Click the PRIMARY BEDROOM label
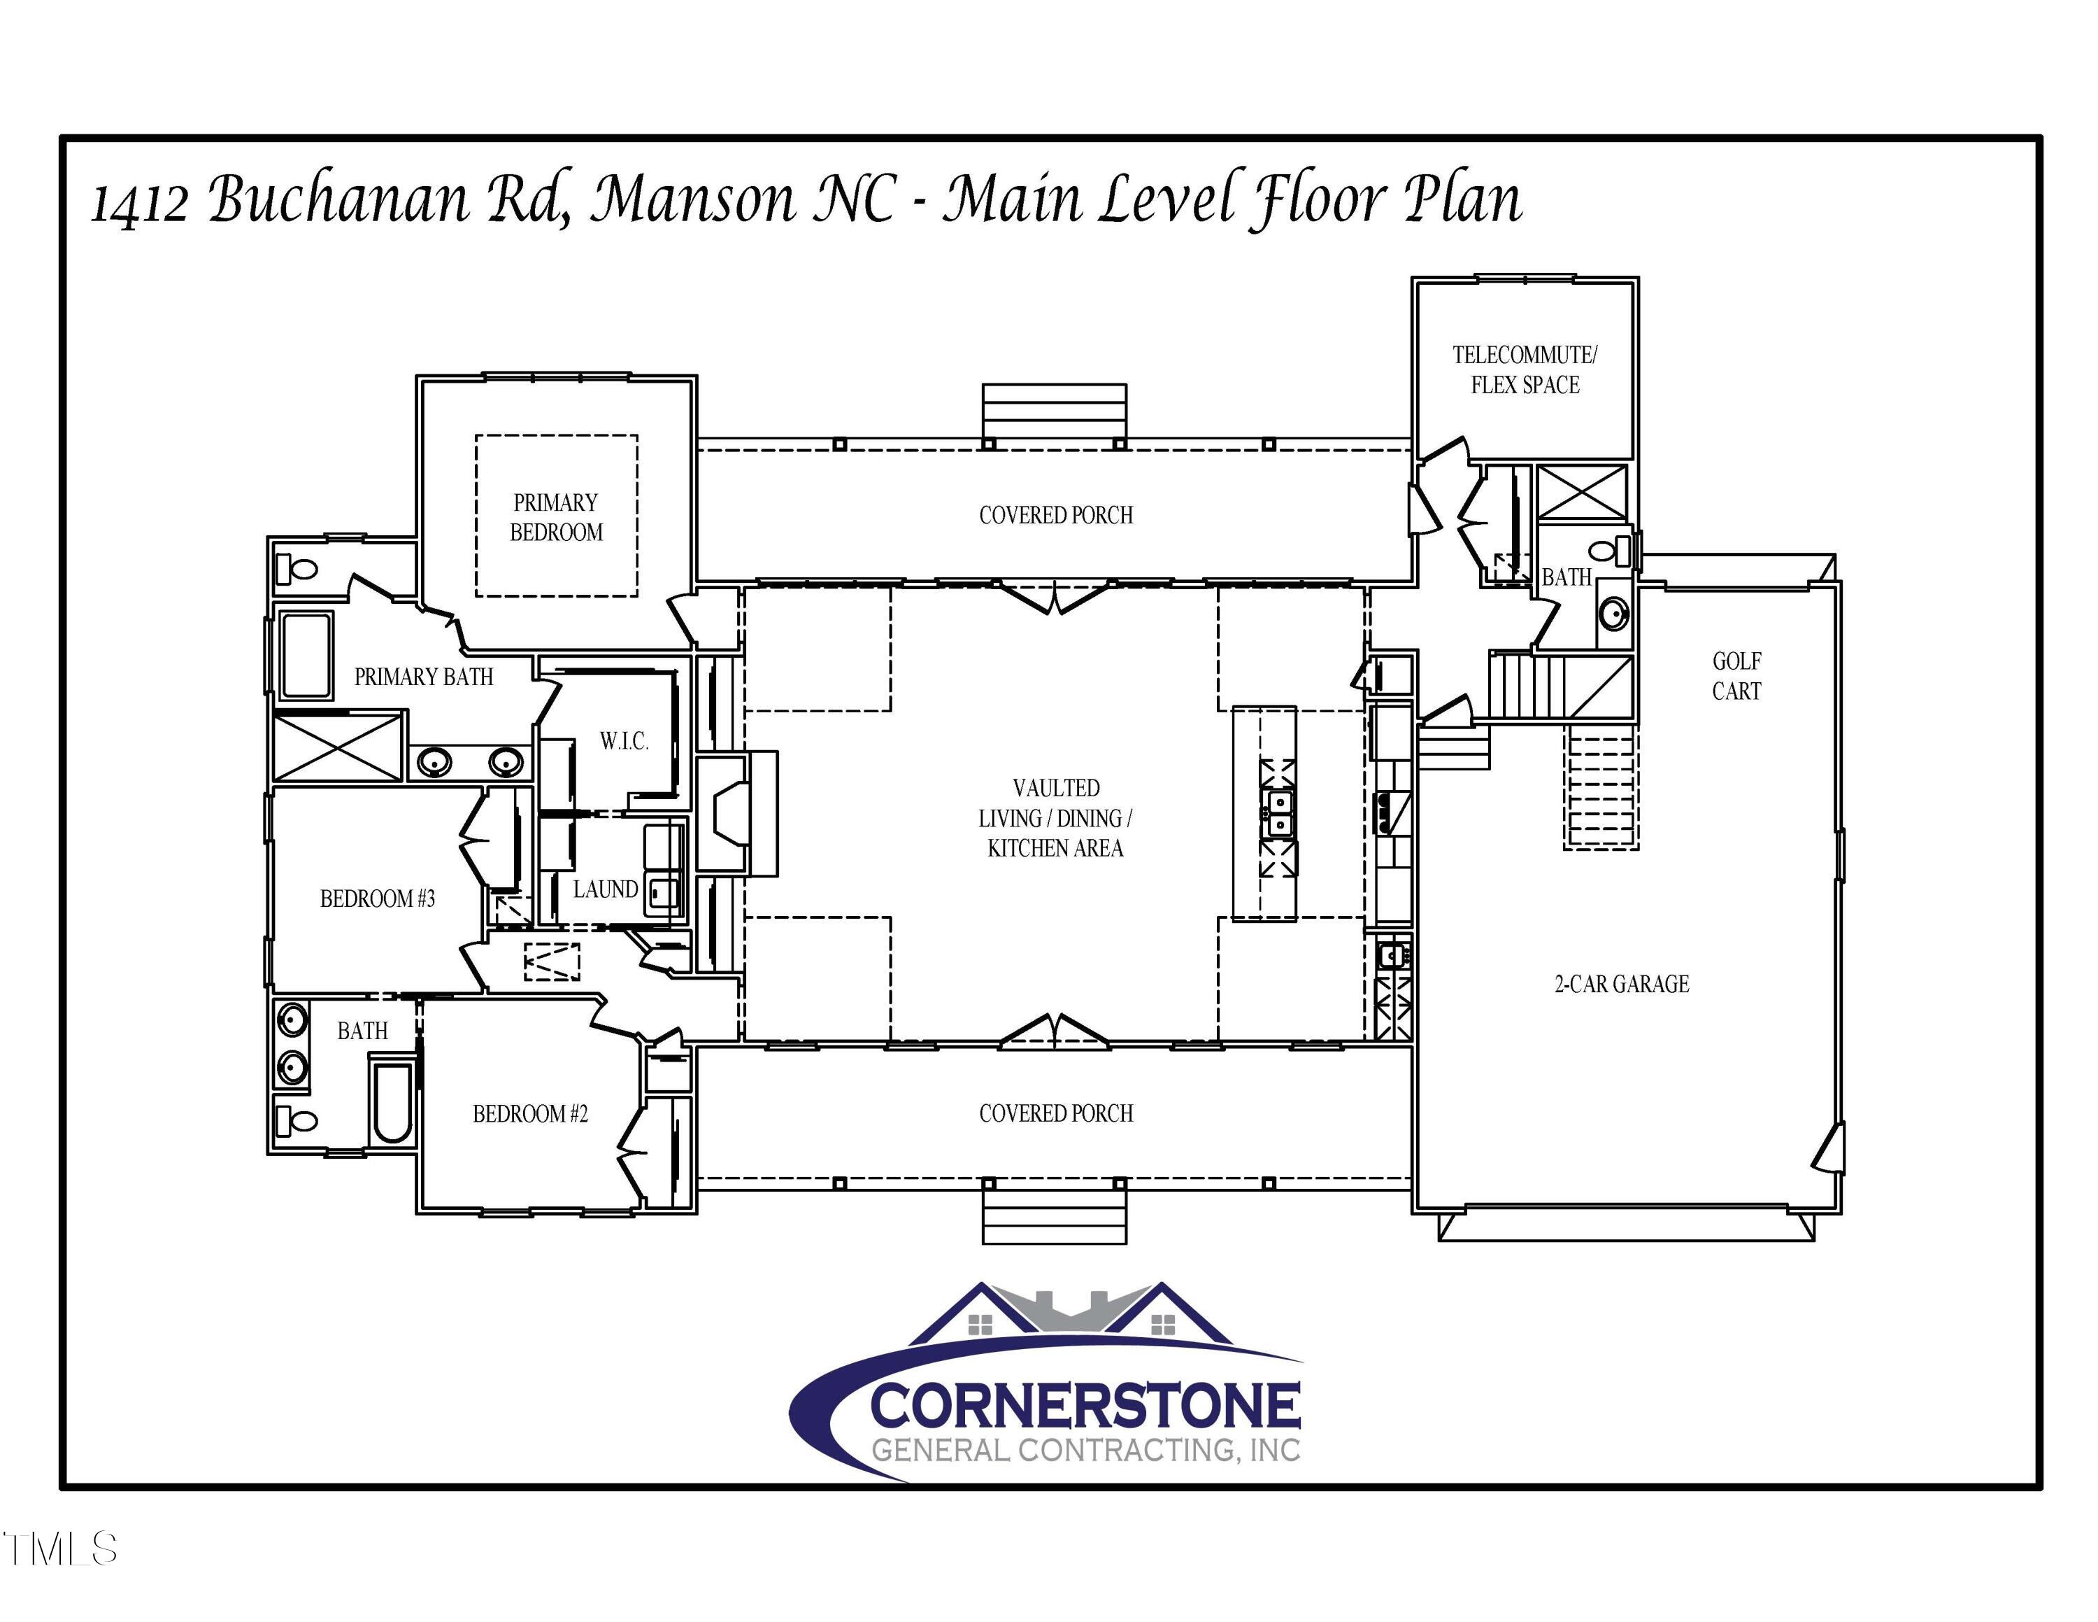pos(556,517)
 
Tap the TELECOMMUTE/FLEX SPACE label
pos(1525,370)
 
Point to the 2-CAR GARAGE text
pos(1622,984)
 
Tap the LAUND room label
pos(605,889)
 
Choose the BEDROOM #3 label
pos(378,898)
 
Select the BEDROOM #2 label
pos(530,1114)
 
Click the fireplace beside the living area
pos(730,814)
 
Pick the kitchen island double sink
pos(1278,814)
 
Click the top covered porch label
pos(1056,515)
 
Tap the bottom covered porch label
pos(1056,1113)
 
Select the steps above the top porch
pos(1054,410)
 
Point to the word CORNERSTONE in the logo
pos(1085,1406)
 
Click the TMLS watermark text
pos(59,1549)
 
